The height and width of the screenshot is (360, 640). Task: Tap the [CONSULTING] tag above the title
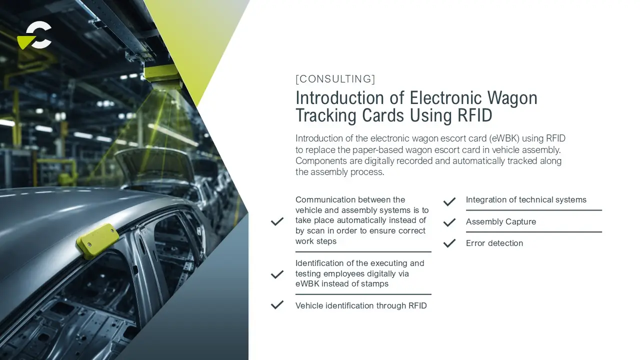pyautogui.click(x=335, y=79)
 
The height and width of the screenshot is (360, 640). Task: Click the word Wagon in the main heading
pyautogui.click(x=512, y=97)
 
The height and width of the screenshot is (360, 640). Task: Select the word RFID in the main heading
pyautogui.click(x=475, y=115)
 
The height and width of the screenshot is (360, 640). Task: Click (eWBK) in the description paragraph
pyautogui.click(x=504, y=138)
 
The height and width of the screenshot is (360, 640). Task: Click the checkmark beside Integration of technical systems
pyautogui.click(x=449, y=201)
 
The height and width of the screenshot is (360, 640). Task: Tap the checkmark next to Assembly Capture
pyautogui.click(x=449, y=222)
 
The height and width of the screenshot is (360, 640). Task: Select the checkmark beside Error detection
pyautogui.click(x=449, y=243)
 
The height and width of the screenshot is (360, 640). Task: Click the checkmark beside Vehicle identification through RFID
pyautogui.click(x=277, y=305)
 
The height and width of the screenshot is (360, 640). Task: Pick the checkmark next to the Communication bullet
pyautogui.click(x=277, y=221)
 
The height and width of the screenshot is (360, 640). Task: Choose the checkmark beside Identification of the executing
pyautogui.click(x=277, y=274)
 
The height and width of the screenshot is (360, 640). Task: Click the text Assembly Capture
pyautogui.click(x=501, y=221)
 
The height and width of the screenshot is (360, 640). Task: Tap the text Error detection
pyautogui.click(x=494, y=243)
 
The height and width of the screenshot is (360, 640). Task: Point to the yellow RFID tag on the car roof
pyautogui.click(x=97, y=241)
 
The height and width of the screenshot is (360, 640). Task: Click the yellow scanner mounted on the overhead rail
pyautogui.click(x=162, y=75)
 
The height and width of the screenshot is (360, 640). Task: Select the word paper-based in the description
pyautogui.click(x=377, y=149)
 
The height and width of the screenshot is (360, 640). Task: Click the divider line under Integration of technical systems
pyautogui.click(x=533, y=210)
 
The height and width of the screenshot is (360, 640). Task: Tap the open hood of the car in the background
pyautogui.click(x=154, y=165)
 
